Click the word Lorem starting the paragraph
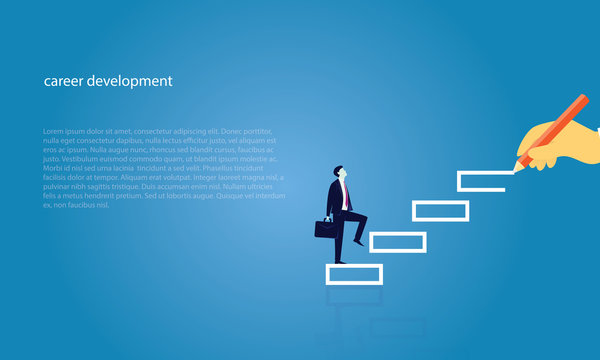pyautogui.click(x=53, y=131)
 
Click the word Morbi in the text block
pyautogui.click(x=52, y=168)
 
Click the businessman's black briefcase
pyautogui.click(x=326, y=228)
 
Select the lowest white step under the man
pyautogui.click(x=354, y=274)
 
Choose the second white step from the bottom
pyautogui.click(x=397, y=241)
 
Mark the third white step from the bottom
pyautogui.click(x=440, y=210)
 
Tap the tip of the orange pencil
pyautogui.click(x=517, y=166)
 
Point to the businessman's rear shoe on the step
pyautogui.click(x=340, y=261)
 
